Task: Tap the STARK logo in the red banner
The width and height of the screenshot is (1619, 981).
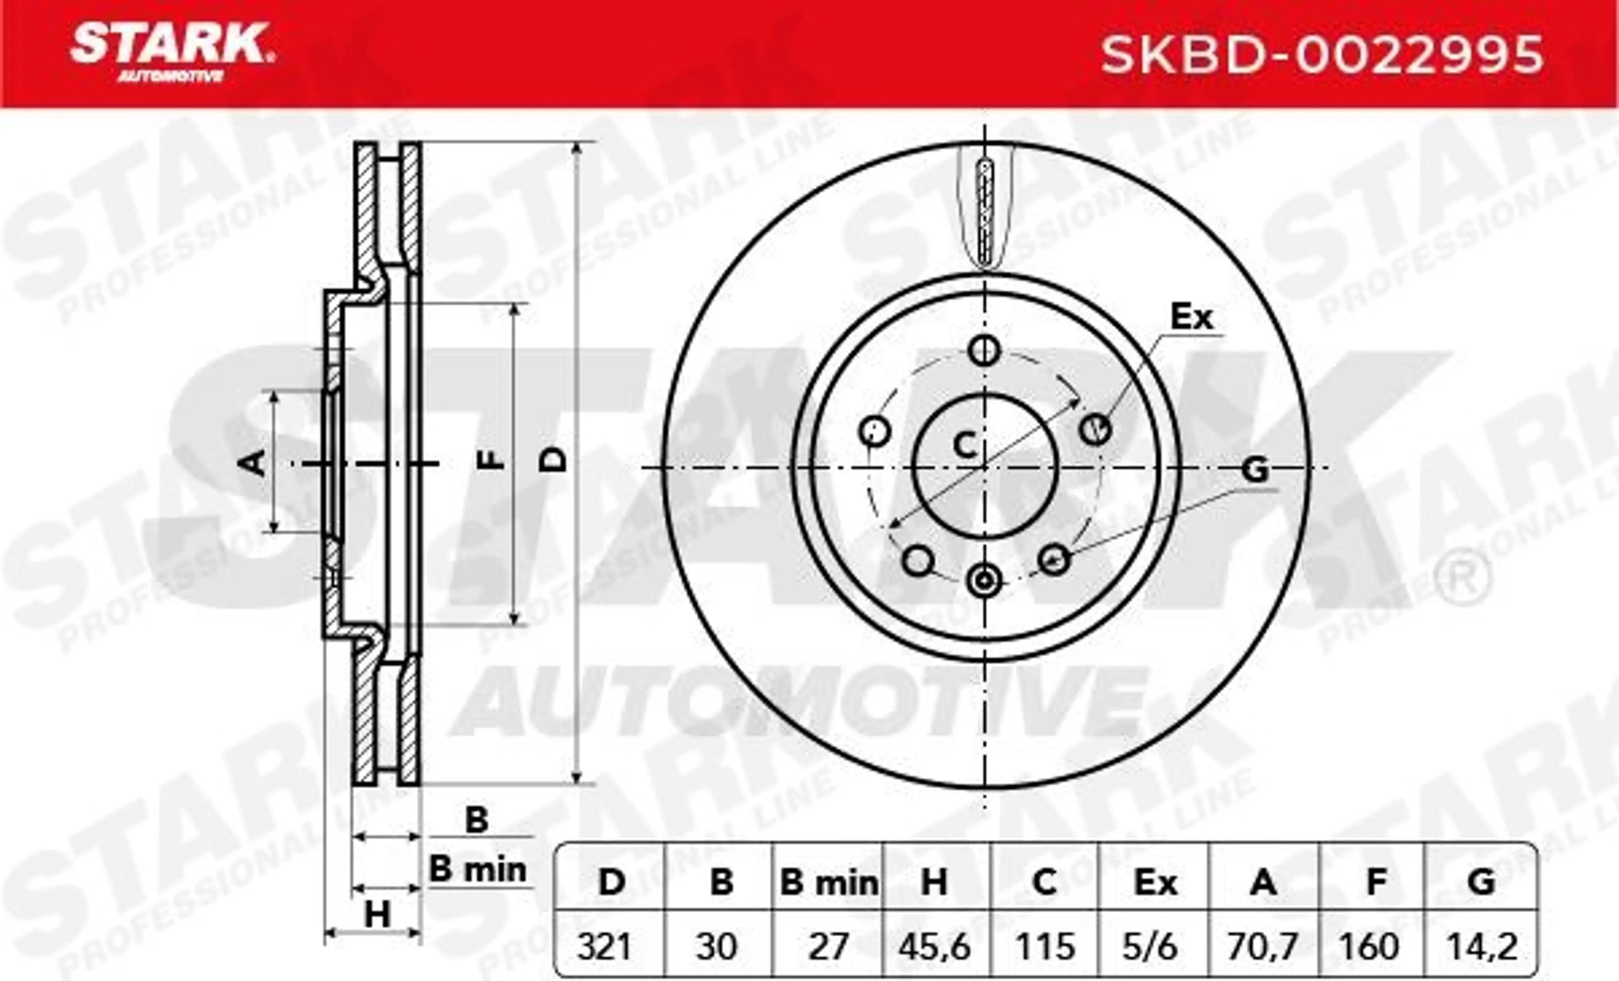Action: tap(172, 52)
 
